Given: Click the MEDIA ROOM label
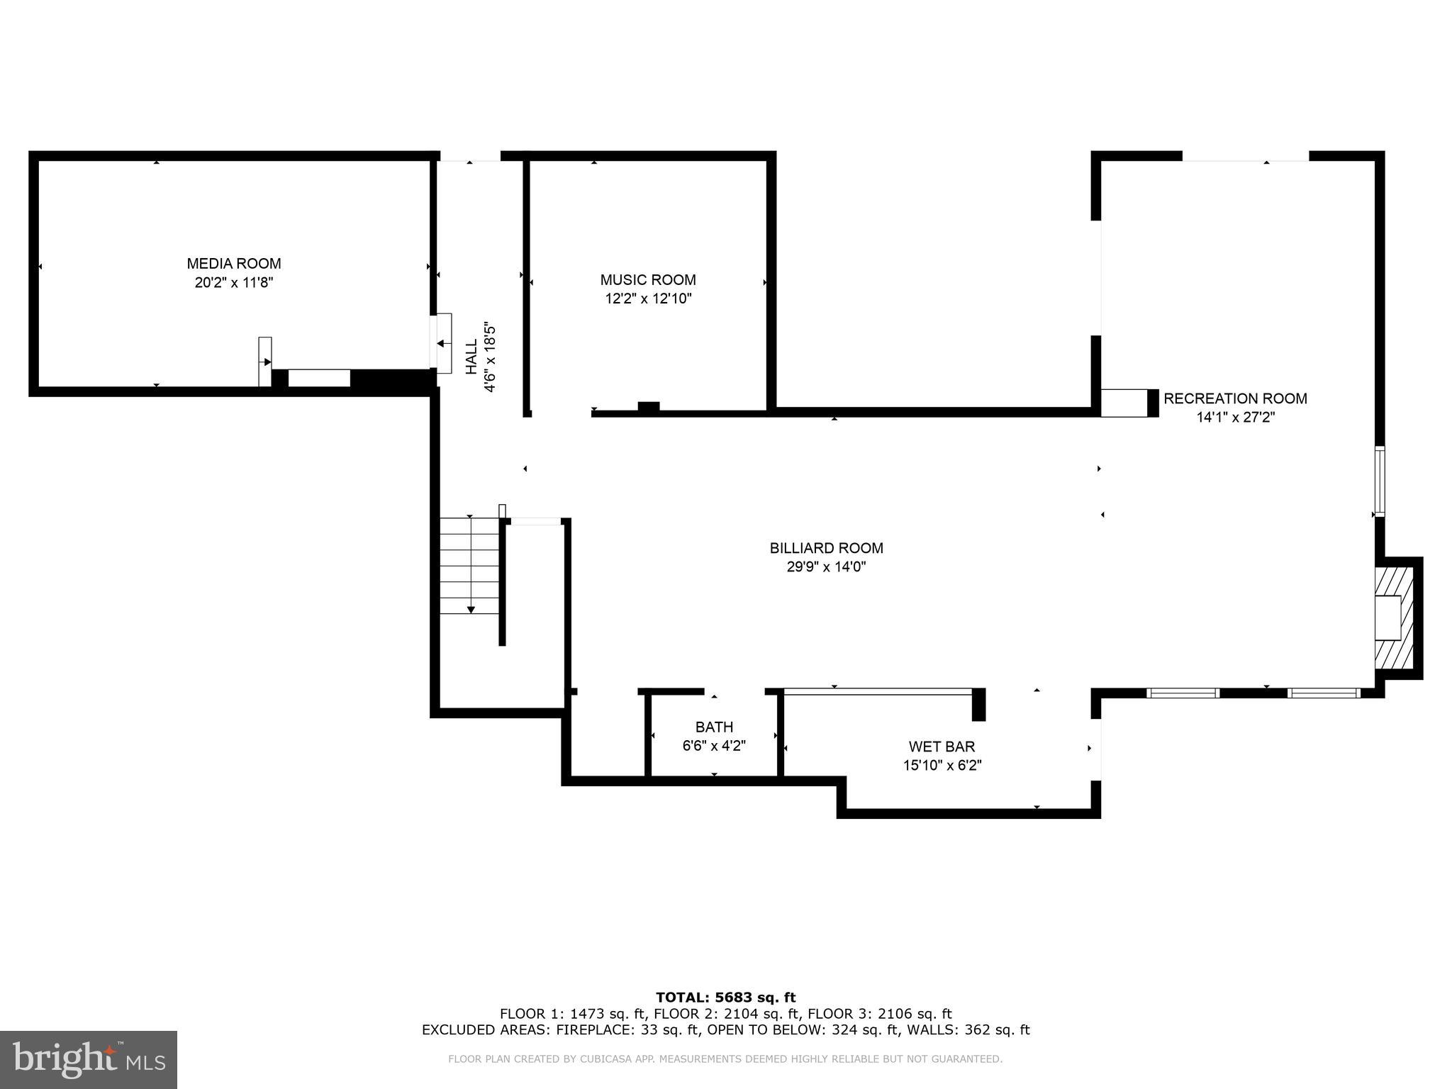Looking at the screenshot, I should tap(233, 264).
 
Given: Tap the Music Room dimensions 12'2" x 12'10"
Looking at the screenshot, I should tap(647, 299).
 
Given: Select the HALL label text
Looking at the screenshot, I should tap(471, 357).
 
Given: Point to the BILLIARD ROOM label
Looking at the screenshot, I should tap(826, 548).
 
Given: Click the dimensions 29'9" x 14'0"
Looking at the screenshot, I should tap(826, 567).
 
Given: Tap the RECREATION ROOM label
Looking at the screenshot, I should tap(1235, 398).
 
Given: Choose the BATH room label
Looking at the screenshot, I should tap(714, 727).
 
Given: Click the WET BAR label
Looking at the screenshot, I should tap(942, 747).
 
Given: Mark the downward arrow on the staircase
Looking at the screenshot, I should tap(470, 608).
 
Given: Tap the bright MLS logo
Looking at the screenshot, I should tap(89, 1059).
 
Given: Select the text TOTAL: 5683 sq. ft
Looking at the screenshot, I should tap(725, 998).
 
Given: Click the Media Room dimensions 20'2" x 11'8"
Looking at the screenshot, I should tap(233, 283).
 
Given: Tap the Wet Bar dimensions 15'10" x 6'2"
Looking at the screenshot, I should tap(942, 766).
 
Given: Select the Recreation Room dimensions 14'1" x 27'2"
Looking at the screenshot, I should tap(1235, 418).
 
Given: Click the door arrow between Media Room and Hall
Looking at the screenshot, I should tap(442, 344).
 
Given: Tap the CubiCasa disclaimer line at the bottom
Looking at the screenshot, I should tap(725, 1059).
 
